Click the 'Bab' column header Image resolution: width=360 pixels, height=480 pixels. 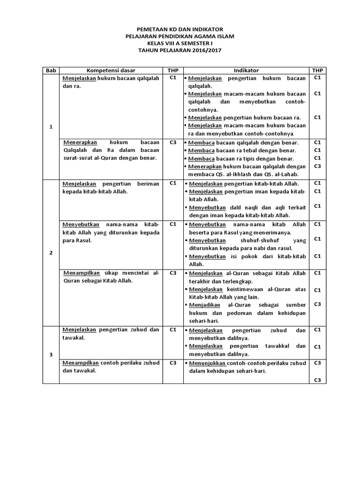[51, 70]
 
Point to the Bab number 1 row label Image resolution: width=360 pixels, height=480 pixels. [51, 127]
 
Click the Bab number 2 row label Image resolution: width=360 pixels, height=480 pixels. [51, 253]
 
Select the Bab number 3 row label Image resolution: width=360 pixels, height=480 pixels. [51, 355]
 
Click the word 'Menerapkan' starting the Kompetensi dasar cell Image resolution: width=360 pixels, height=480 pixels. [79, 142]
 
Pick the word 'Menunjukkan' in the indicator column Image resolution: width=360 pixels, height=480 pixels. [207, 363]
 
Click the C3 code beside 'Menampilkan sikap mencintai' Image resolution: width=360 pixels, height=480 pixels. [172, 272]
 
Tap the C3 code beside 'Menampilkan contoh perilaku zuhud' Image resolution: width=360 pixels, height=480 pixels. [172, 363]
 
